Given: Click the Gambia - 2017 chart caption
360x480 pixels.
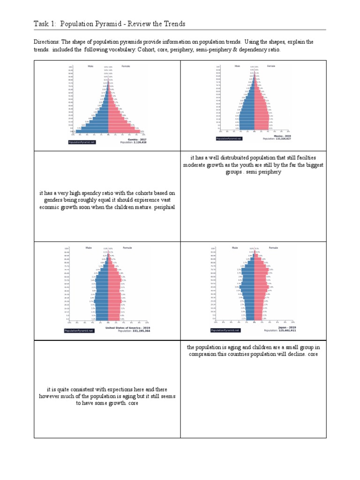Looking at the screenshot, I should [137, 139].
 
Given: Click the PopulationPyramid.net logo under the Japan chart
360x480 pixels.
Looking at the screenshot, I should [225, 330].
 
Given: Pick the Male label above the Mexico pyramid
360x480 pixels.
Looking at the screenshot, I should [237, 66].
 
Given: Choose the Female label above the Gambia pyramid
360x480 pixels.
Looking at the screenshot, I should [126, 66].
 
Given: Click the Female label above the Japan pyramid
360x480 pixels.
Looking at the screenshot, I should [274, 247].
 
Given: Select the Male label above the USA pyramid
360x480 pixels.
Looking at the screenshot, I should [89, 247].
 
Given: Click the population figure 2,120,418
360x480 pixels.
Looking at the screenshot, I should [138, 142].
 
